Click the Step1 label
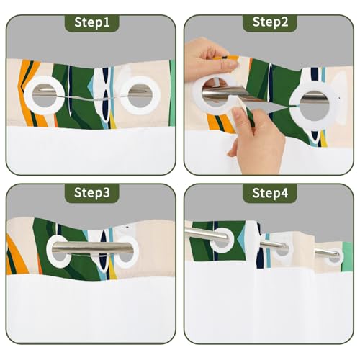coord(92,22)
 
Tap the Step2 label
coord(270,22)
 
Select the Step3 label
coord(92,192)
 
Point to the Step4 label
coord(270,193)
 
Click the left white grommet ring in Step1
coord(27,96)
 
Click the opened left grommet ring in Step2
coord(197,96)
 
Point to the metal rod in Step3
coord(92,248)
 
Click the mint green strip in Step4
coord(348,257)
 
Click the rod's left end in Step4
coord(186,230)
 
